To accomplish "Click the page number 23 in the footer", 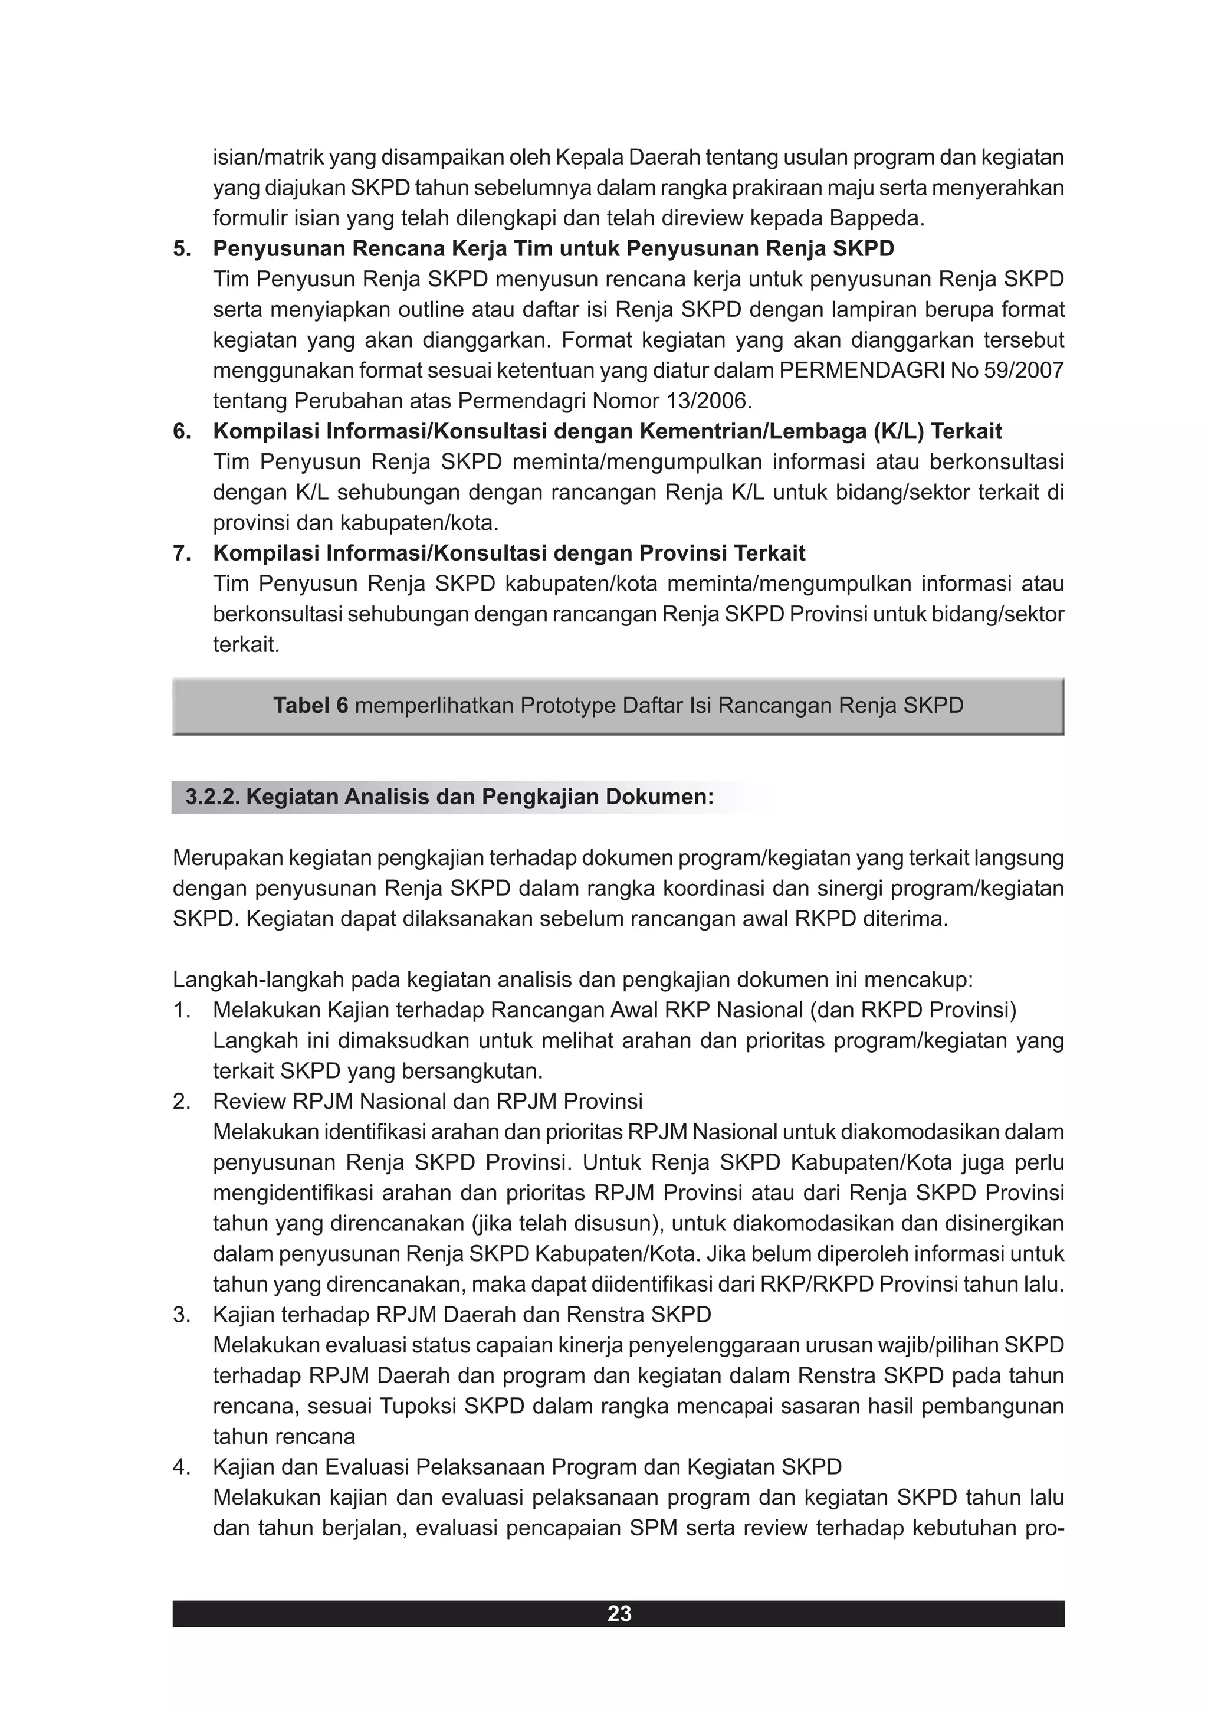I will coord(619,1613).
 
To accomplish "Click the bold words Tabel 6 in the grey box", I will coord(310,705).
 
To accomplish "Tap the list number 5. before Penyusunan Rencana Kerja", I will coord(182,249).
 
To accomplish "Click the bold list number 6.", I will coord(182,431).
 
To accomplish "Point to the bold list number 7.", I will coord(182,553).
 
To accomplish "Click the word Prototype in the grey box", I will coord(567,705).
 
